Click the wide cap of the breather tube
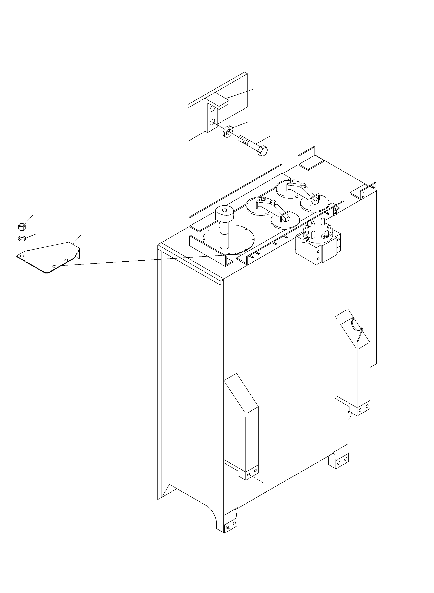pos(224,214)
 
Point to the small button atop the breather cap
pos(224,210)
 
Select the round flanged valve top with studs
pos(318,231)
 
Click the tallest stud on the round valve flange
pos(323,221)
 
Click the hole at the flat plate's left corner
pos(22,256)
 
